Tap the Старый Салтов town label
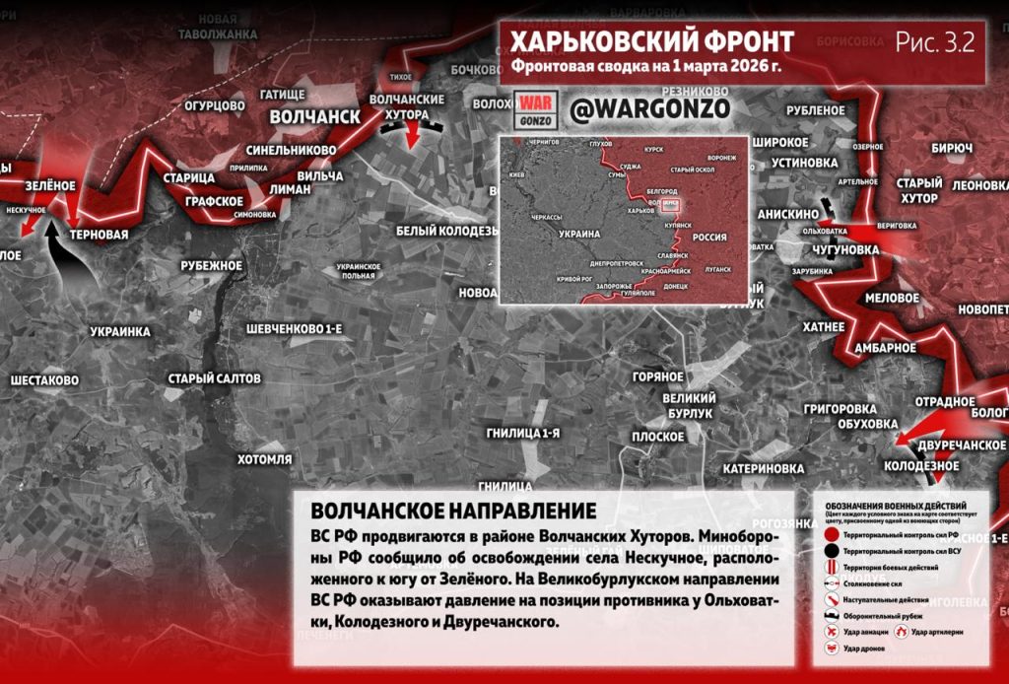coord(214,378)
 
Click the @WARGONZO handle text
coord(649,108)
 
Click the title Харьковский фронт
coord(651,42)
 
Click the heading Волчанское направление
coord(453,512)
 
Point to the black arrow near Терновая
coord(70,251)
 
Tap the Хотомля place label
coord(265,459)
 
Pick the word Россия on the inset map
coord(709,238)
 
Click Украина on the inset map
coord(579,235)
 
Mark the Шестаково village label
coord(44,379)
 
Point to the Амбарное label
coord(885,347)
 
